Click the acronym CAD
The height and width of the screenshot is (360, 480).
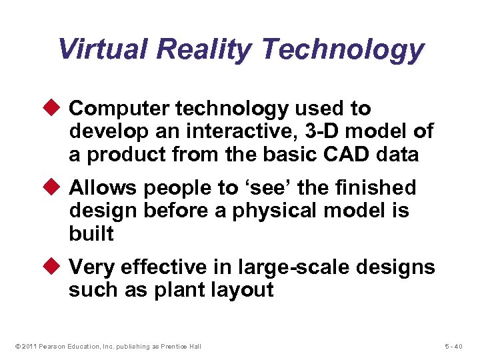tap(345, 155)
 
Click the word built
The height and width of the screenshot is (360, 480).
tap(91, 233)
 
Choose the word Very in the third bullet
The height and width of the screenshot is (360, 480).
tap(91, 267)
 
